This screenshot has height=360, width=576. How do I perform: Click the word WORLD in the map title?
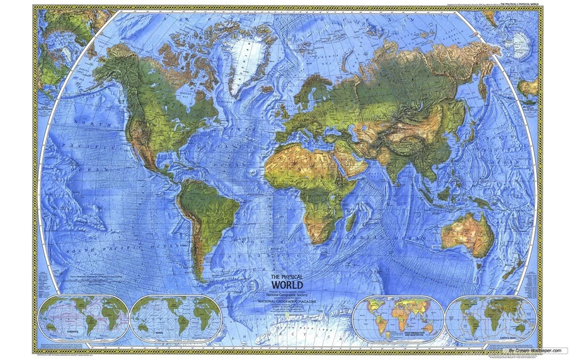point(287,285)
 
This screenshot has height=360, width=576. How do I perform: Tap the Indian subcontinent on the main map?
point(403,163)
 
